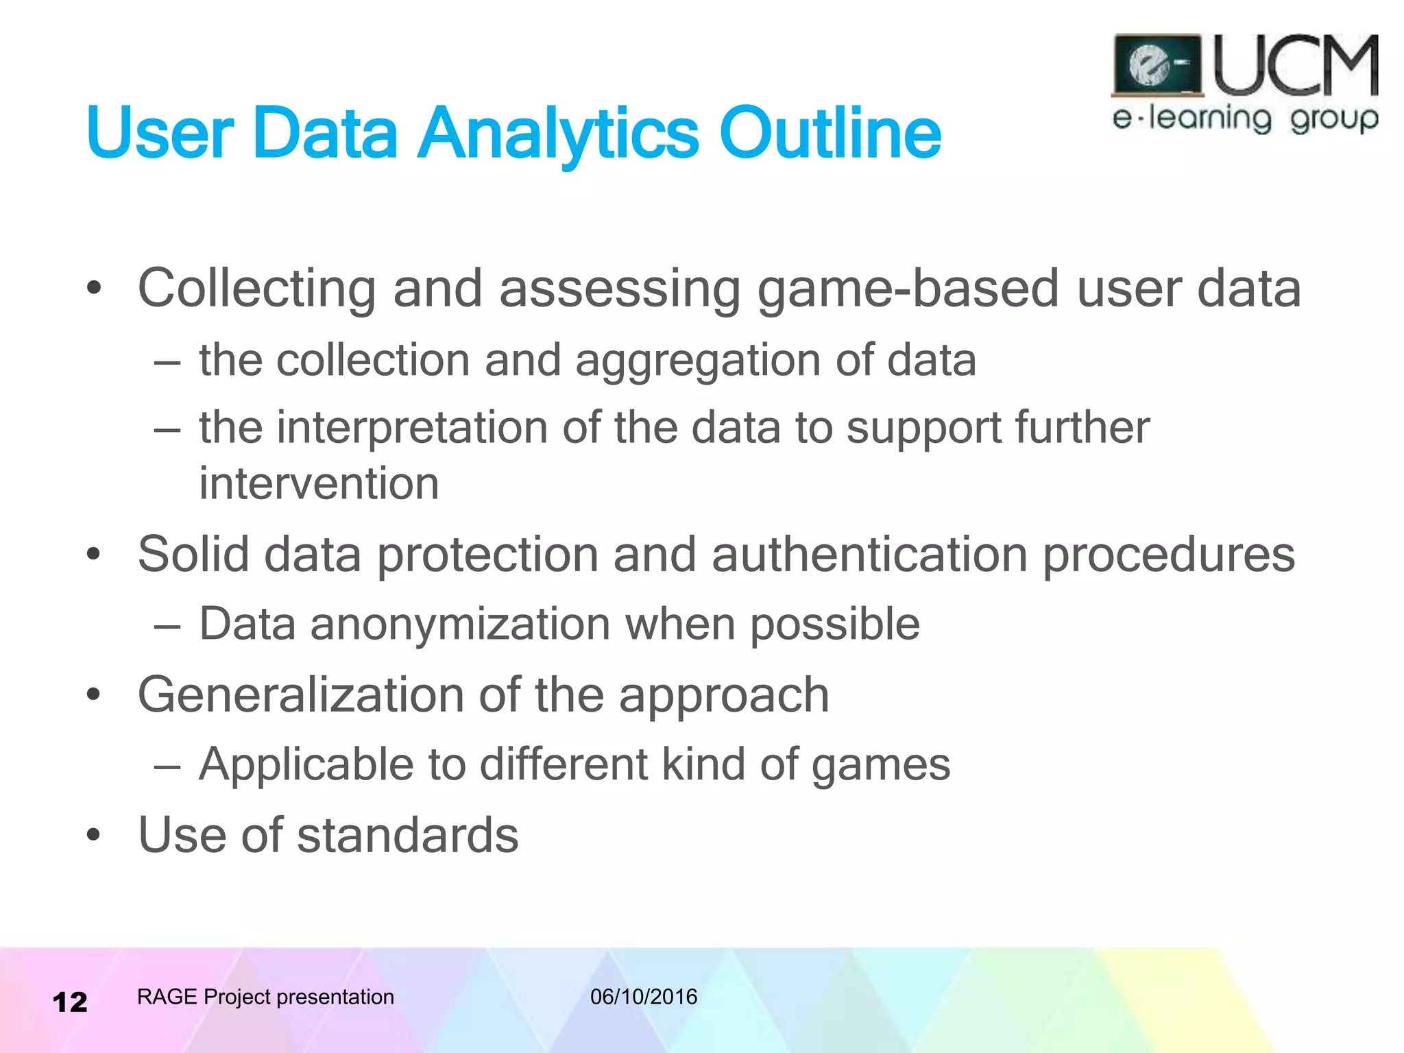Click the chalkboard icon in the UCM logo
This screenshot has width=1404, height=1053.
tap(1157, 66)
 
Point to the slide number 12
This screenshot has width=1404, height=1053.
tap(70, 1002)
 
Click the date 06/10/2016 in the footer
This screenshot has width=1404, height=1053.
tap(644, 997)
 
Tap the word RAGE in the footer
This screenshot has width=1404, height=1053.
tap(167, 997)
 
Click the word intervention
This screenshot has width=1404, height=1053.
tap(319, 484)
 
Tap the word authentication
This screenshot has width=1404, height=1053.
tap(869, 555)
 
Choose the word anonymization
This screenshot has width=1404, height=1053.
tap(460, 625)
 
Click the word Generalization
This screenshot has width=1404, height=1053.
tap(300, 695)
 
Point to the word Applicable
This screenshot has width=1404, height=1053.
tap(306, 765)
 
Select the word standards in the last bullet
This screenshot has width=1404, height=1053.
tap(408, 836)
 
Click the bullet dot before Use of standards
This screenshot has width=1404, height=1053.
tap(94, 836)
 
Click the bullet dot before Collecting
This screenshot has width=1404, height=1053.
tap(94, 289)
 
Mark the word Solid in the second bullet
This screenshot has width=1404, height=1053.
tap(193, 555)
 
